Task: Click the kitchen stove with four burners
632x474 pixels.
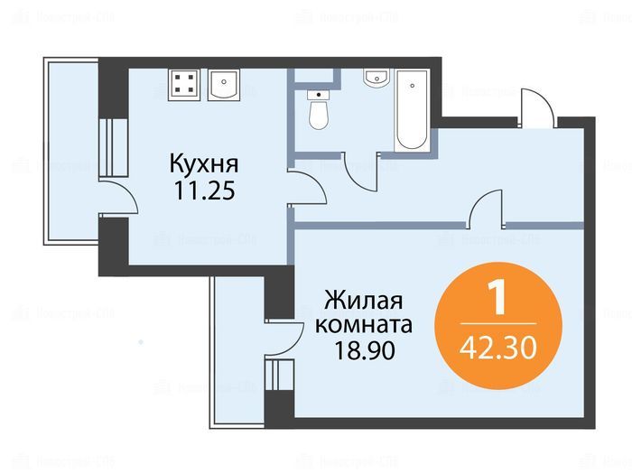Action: coord(184,84)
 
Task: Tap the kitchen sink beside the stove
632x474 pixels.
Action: coord(224,84)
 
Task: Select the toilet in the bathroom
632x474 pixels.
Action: coord(319,109)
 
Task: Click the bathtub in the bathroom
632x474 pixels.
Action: coord(412,110)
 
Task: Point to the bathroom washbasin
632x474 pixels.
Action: coord(376,77)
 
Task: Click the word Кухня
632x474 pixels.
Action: coord(204,164)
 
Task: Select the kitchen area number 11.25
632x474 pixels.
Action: coord(204,191)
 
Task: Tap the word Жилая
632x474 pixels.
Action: coord(364,301)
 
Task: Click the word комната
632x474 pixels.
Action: coord(364,325)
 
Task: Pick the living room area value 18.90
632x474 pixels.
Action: coord(365,350)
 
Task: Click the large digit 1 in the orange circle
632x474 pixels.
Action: coord(497,297)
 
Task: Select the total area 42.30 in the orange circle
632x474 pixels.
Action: coord(498,349)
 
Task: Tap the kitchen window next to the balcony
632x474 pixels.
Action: coord(114,147)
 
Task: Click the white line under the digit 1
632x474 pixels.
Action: coord(498,323)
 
